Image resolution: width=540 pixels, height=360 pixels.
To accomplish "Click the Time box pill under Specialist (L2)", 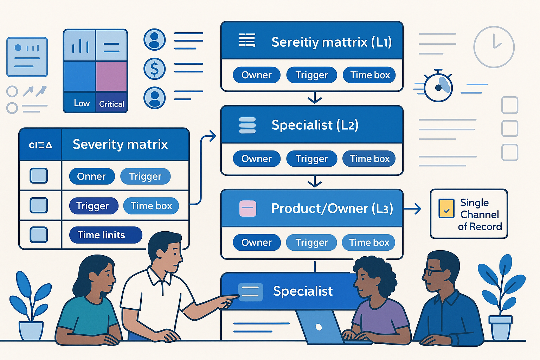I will (369, 159).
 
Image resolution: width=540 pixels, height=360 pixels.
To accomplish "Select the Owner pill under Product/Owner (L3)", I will (257, 242).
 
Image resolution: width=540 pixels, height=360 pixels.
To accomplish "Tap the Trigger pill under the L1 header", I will (311, 75).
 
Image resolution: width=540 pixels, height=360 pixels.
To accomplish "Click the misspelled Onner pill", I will (92, 176).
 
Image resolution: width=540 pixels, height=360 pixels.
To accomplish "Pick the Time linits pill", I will (105, 235).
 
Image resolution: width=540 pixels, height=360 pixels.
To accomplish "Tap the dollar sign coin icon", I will (154, 69).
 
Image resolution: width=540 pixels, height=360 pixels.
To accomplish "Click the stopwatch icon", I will (438, 87).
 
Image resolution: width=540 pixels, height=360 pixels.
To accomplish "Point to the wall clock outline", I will (494, 47).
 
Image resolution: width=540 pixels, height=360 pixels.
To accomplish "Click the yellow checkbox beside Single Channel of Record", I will (446, 208).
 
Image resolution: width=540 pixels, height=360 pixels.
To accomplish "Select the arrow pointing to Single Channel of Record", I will (412, 209).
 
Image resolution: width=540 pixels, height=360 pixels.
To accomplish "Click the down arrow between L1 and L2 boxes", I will (315, 98).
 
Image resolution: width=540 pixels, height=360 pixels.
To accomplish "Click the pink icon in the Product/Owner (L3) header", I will (247, 208).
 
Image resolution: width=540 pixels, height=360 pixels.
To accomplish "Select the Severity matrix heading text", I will (120, 144).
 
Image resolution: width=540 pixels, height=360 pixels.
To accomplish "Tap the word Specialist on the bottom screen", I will (303, 291).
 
